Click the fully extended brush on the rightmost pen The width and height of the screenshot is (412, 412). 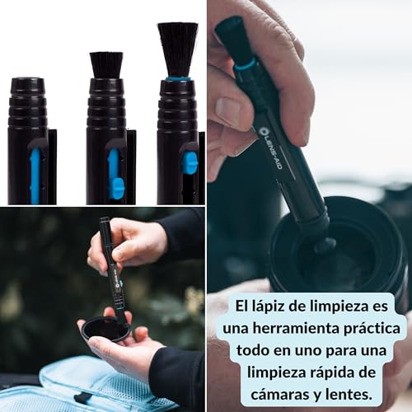point(177,49)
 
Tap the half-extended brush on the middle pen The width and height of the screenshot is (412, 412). point(106,64)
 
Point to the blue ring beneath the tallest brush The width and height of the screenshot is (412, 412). point(177,78)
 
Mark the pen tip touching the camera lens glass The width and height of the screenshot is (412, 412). point(323,246)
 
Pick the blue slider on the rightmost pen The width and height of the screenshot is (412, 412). point(190,162)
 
